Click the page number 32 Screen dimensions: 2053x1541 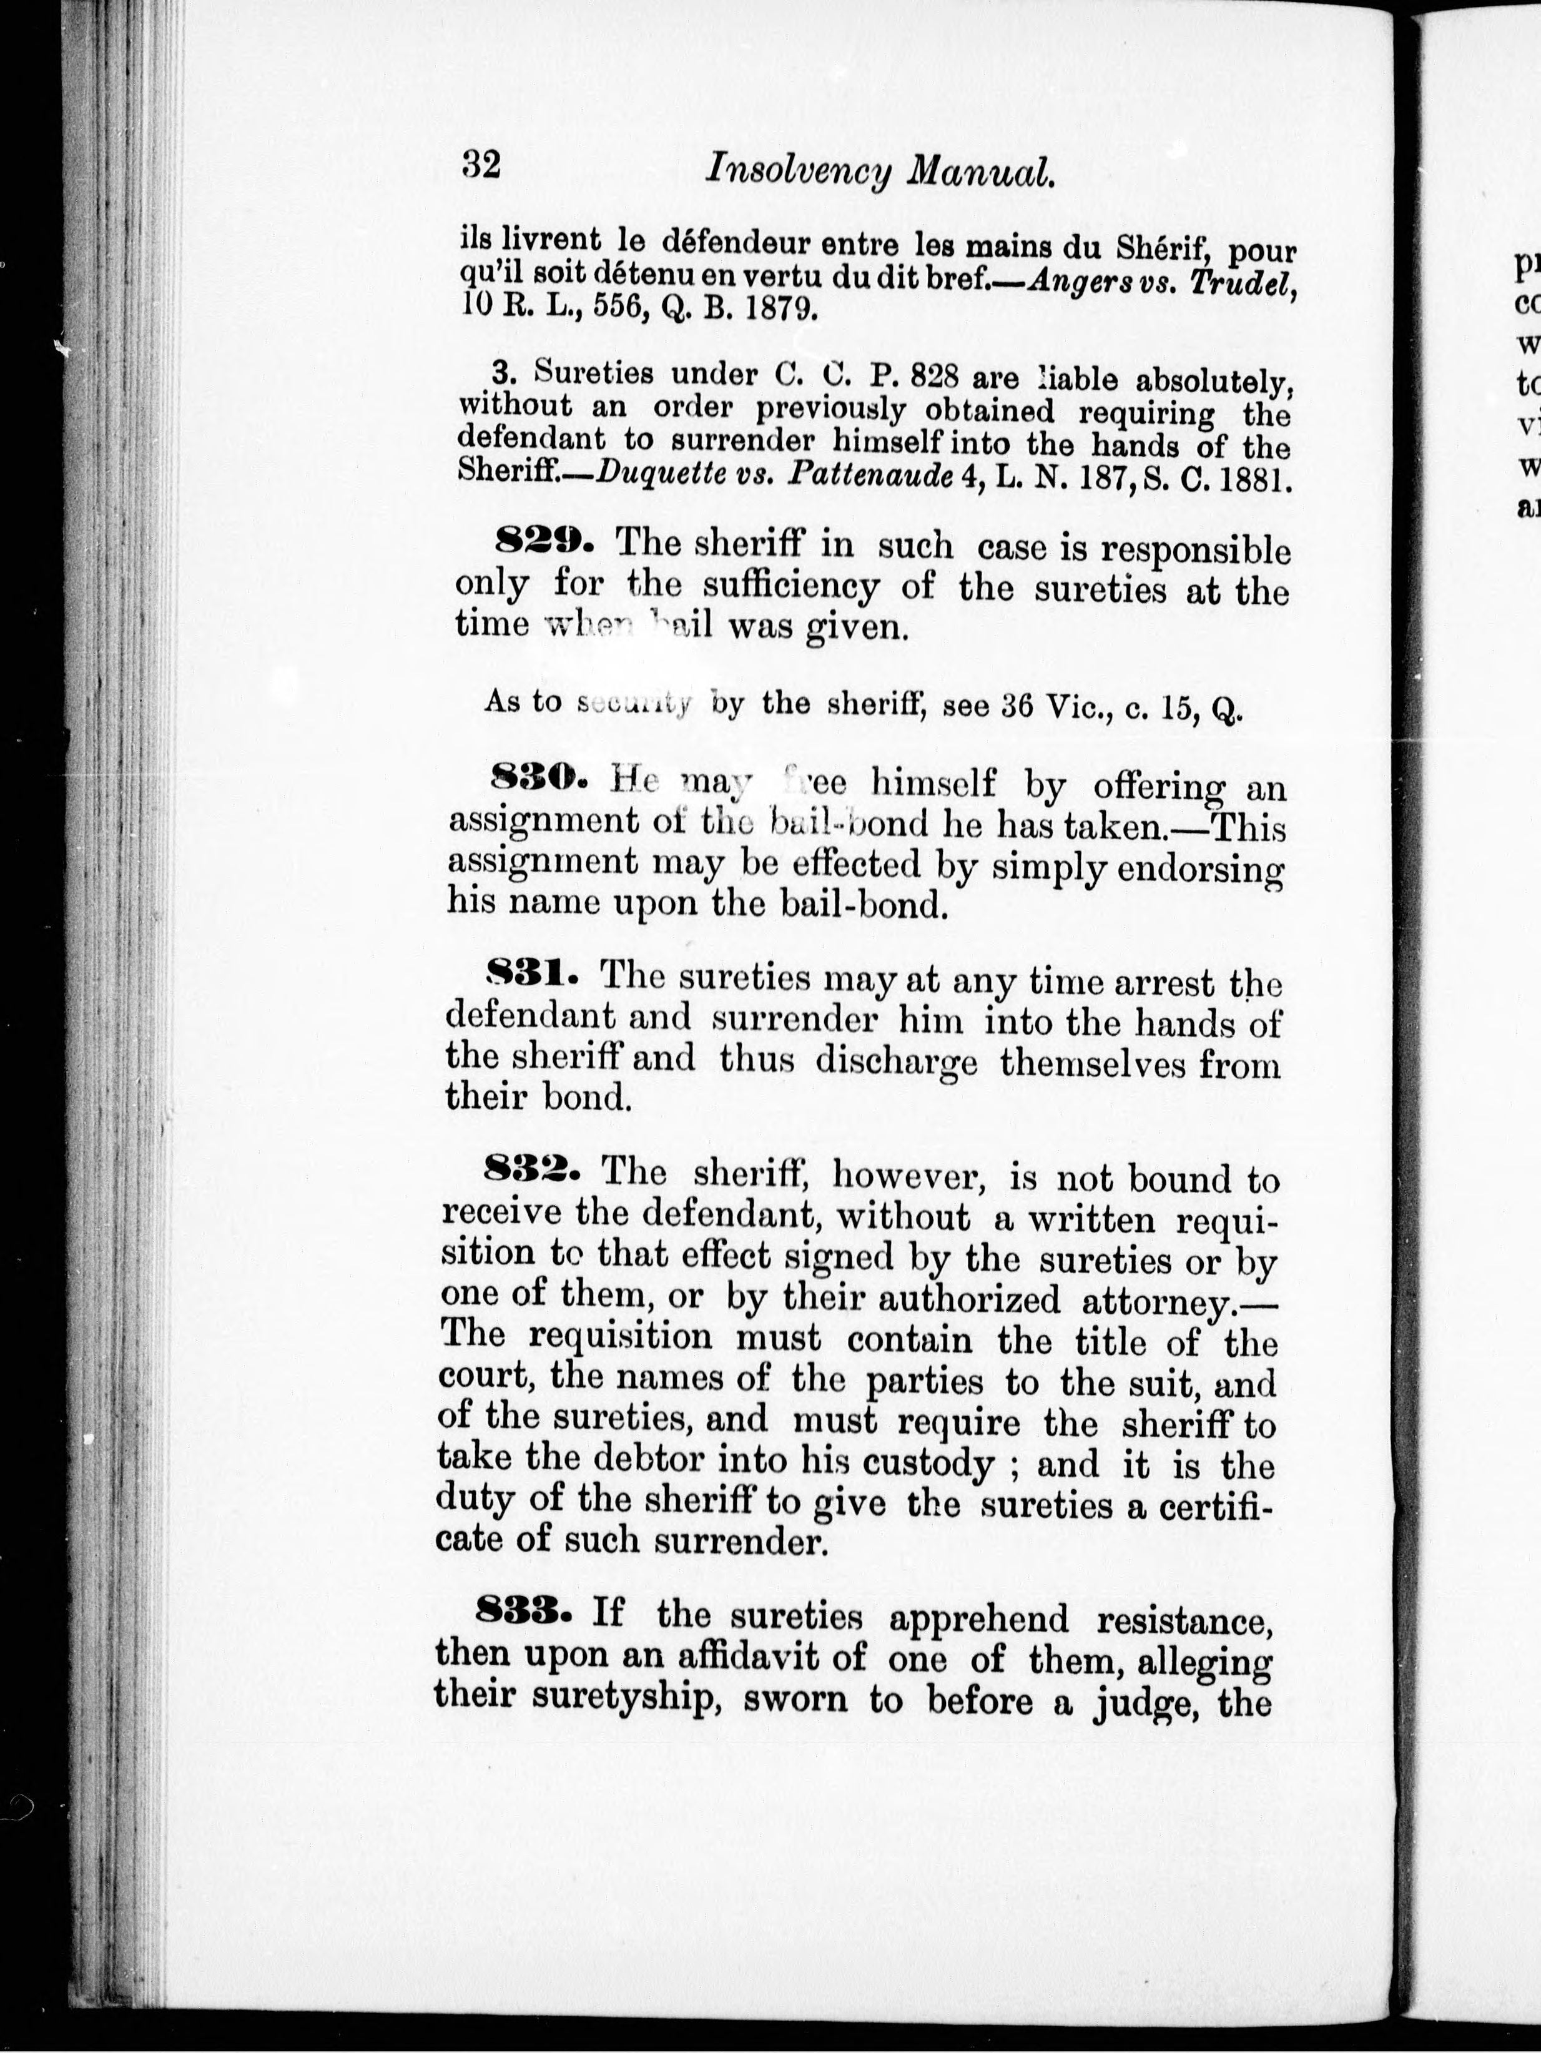tap(481, 165)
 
